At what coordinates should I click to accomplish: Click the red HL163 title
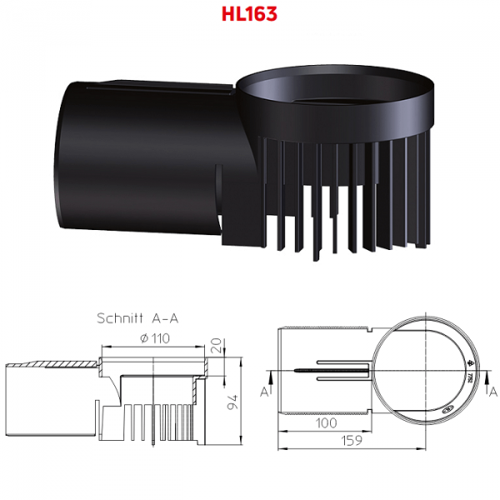(x=249, y=14)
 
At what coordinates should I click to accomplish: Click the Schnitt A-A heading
(x=137, y=318)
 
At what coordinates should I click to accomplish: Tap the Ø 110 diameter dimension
(x=155, y=338)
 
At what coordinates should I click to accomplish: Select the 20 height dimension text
(x=217, y=345)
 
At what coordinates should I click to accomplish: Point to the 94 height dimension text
(x=232, y=402)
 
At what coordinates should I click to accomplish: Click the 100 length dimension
(x=326, y=422)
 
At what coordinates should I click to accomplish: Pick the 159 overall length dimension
(x=352, y=440)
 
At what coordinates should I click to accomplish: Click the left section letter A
(x=264, y=392)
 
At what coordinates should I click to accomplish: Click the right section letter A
(x=493, y=392)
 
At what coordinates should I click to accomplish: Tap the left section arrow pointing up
(x=271, y=382)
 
